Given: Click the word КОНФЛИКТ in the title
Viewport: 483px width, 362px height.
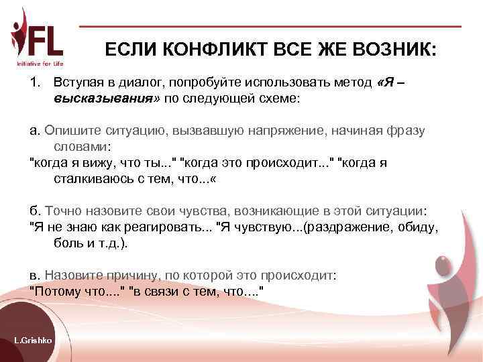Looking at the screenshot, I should click(x=203, y=51).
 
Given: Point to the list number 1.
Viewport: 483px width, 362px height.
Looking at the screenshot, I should click(x=35, y=82).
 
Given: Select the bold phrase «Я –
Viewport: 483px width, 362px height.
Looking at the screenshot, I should click(x=391, y=82).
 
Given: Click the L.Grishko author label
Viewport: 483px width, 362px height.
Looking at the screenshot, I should click(x=34, y=341).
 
